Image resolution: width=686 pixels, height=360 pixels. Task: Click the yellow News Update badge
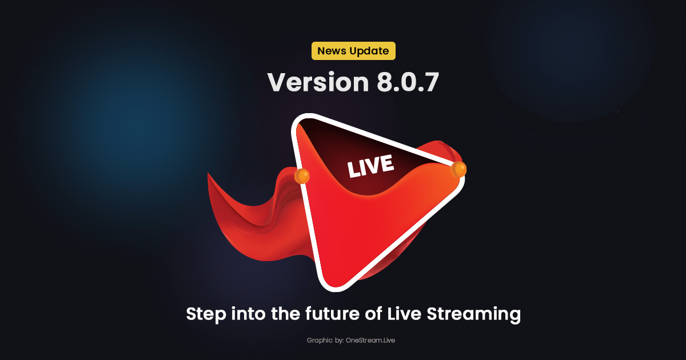coord(353,51)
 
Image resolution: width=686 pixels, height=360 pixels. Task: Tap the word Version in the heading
coord(318,83)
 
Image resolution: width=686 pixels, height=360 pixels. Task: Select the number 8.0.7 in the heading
coord(408,83)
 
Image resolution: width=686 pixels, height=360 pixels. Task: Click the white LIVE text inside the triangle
coord(370,166)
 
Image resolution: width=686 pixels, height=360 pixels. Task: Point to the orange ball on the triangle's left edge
coord(302,176)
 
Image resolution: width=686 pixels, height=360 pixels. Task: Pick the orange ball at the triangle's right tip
coord(458,169)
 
